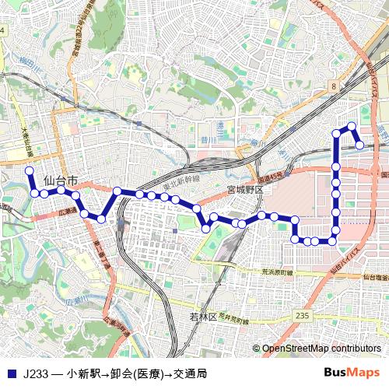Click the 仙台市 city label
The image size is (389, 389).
(x=61, y=180)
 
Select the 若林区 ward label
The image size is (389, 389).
(x=202, y=316)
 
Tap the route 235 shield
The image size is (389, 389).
(x=302, y=315)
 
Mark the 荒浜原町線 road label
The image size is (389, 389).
(x=277, y=273)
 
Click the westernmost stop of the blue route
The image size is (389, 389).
(x=30, y=170)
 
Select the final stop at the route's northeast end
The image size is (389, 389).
(x=359, y=144)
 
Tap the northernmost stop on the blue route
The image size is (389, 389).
(x=352, y=125)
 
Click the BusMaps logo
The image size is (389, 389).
(x=351, y=373)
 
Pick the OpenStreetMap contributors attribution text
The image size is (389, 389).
(x=321, y=349)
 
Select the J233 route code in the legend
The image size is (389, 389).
(x=36, y=373)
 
